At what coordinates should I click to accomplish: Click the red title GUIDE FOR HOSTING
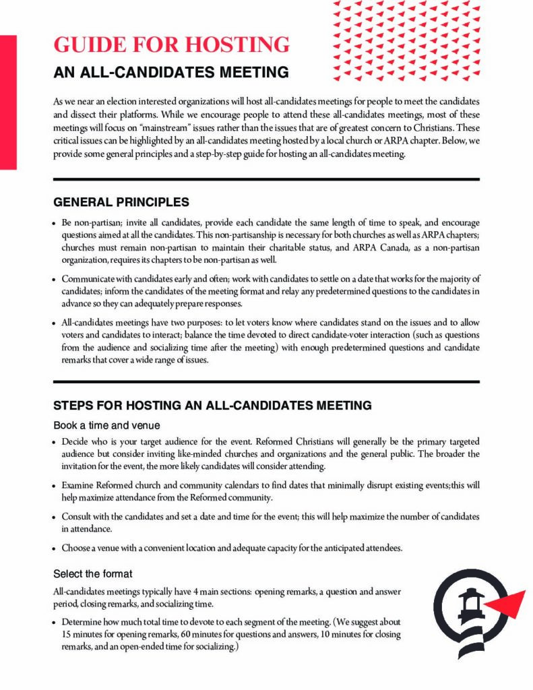171,44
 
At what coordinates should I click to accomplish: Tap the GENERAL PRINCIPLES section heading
121,202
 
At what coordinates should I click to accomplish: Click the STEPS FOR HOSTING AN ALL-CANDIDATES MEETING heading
212,406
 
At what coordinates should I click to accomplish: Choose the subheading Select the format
93,574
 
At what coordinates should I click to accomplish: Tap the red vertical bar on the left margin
8,101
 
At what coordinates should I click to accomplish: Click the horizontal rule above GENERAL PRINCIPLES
266,179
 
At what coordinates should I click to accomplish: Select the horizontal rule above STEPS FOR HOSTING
266,382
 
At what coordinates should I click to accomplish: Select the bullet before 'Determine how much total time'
55,621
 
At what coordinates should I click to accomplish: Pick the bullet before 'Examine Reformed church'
55,486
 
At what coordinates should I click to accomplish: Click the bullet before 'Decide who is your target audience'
55,443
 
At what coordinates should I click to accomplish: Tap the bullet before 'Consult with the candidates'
55,517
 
